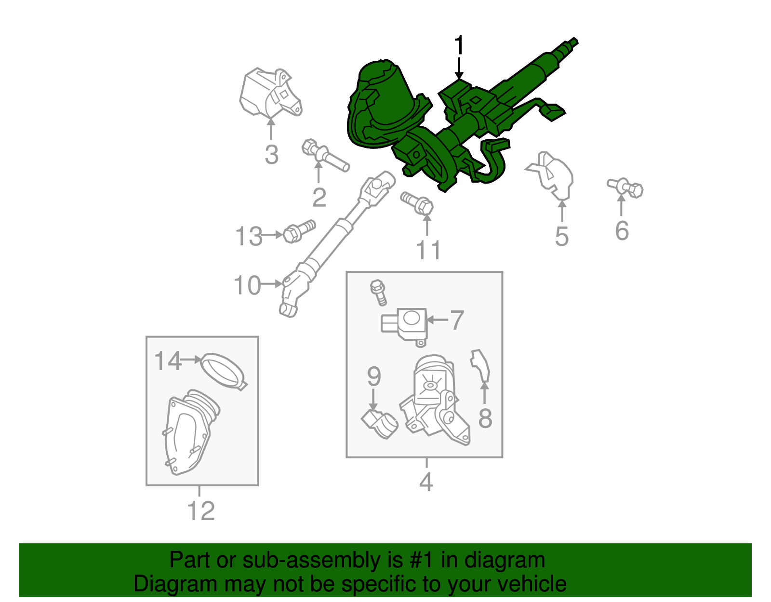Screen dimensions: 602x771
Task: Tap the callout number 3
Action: [271, 155]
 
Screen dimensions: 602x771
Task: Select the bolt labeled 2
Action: [324, 155]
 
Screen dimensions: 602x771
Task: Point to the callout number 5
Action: [561, 237]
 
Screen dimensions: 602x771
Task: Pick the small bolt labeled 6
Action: [625, 187]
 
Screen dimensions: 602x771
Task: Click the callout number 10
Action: [247, 285]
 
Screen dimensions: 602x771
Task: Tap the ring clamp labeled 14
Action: [223, 371]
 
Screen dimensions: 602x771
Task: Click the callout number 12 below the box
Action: [200, 511]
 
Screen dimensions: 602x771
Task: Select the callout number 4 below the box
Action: [426, 482]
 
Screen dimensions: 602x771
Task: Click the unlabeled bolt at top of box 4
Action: [379, 292]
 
